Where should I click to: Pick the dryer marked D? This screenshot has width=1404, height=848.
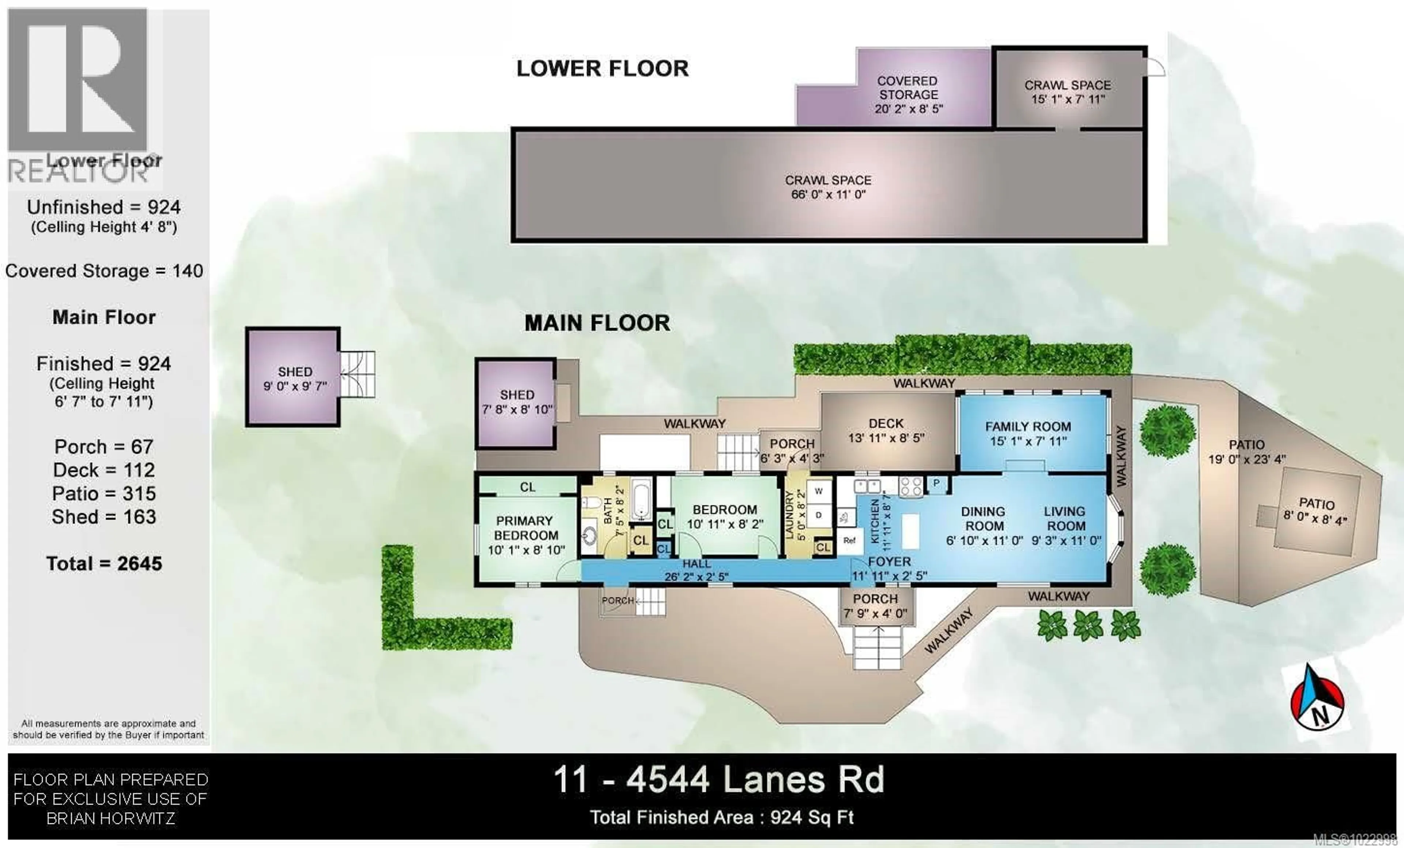coord(819,515)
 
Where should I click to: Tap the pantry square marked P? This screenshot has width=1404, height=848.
coord(936,484)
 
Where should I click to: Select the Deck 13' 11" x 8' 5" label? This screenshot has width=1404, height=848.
coord(886,431)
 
